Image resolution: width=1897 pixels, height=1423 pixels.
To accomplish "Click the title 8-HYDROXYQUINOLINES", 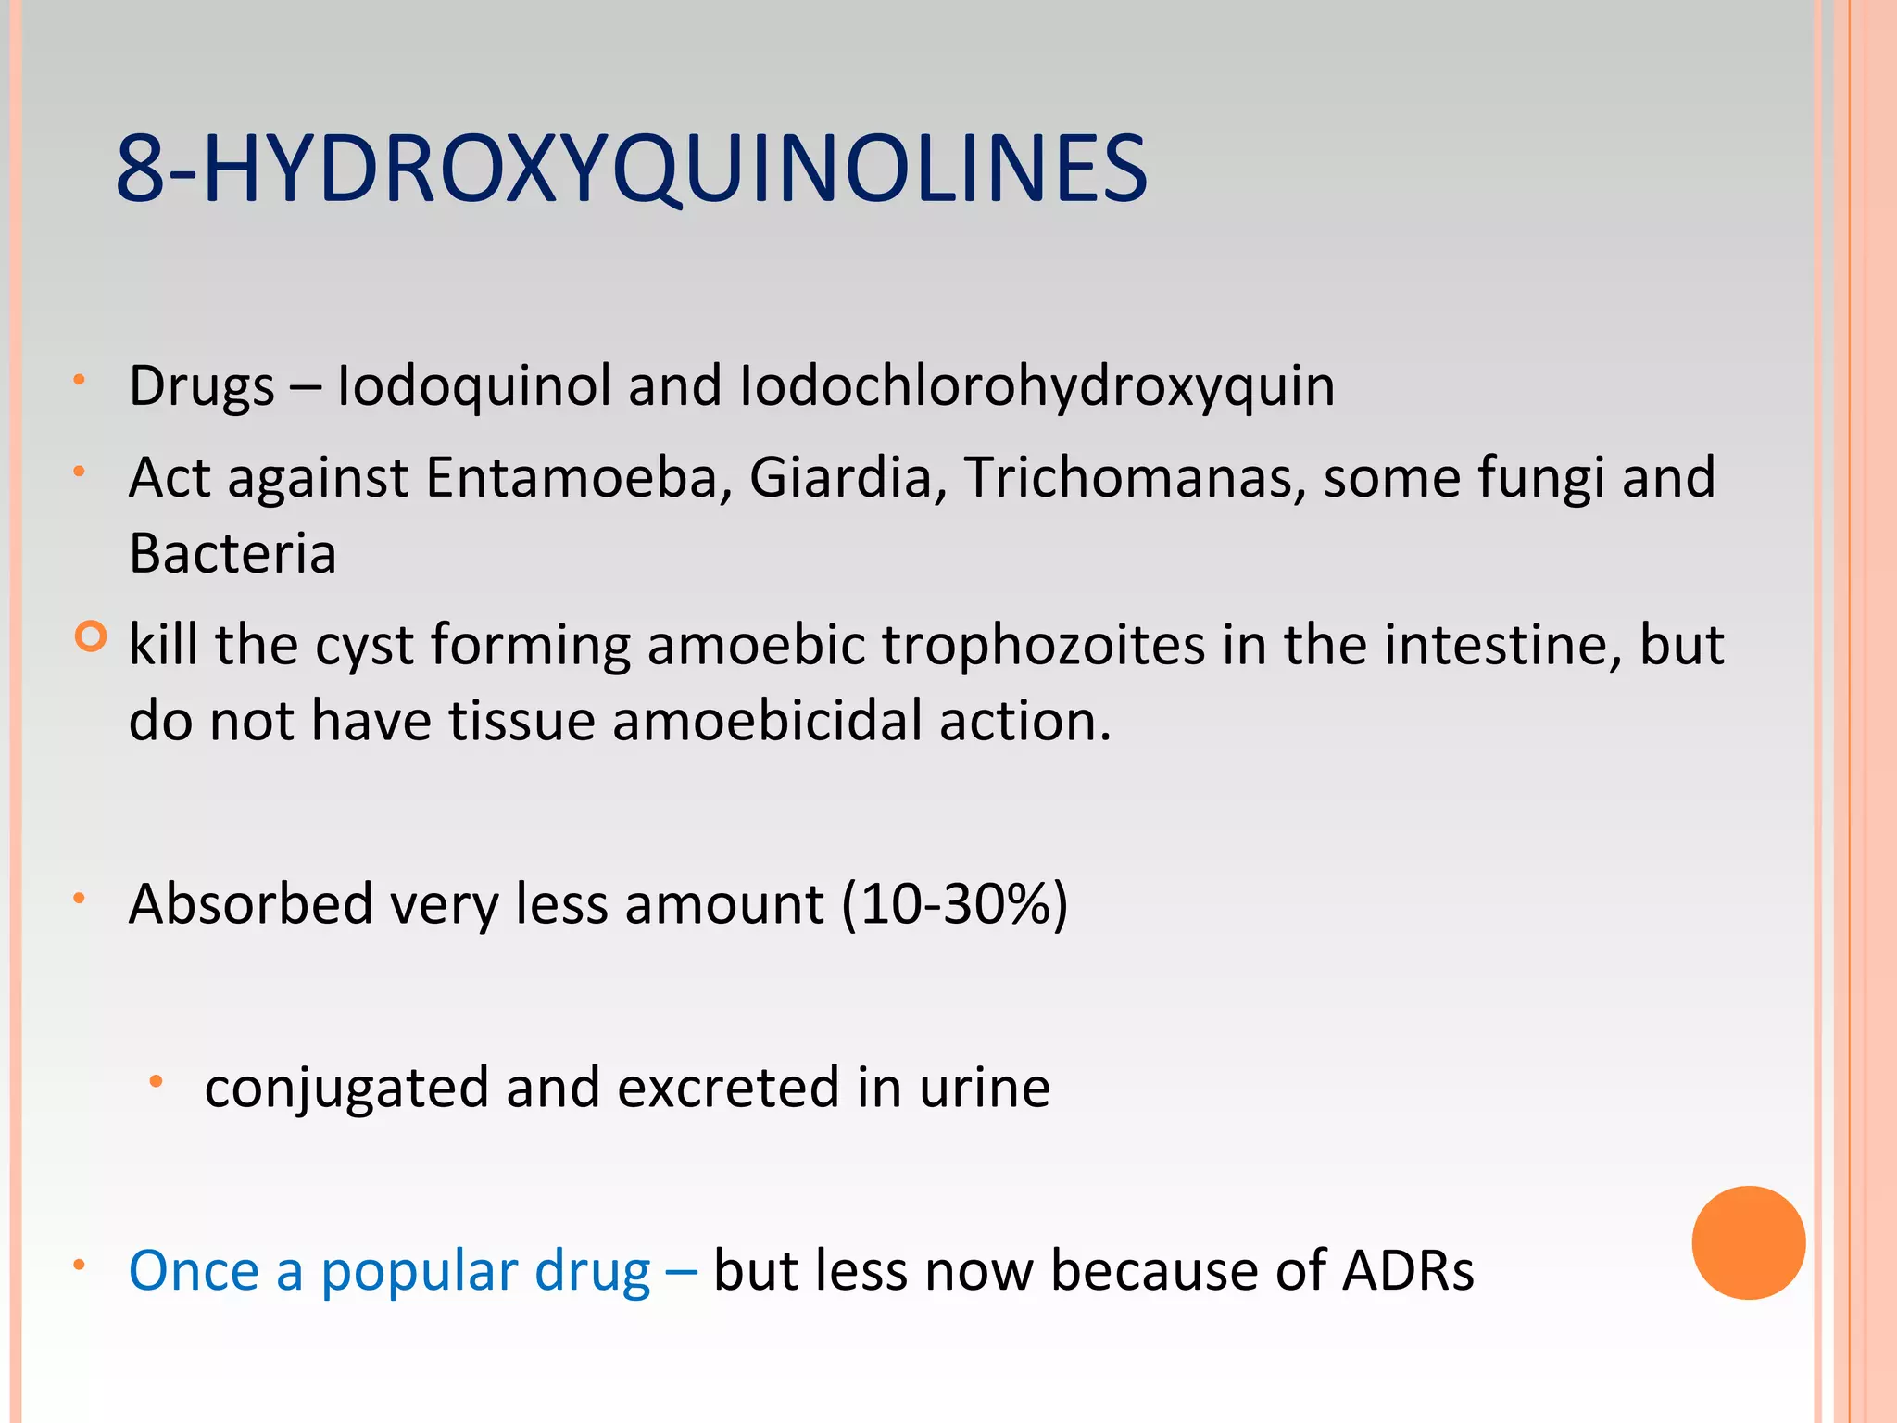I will pos(631,169).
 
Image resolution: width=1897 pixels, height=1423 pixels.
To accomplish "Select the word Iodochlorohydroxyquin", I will pos(1036,387).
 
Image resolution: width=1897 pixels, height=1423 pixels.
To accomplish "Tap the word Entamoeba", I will pos(572,478).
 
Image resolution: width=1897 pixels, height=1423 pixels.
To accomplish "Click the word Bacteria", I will pos(232,554).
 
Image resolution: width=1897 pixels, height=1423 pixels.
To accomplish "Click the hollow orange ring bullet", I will pos(90,636).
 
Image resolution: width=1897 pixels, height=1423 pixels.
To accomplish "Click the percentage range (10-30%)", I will pos(955,903).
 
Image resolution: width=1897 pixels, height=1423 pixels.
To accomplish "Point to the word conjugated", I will pos(346,1088).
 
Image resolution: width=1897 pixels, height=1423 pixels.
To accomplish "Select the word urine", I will pos(985,1088).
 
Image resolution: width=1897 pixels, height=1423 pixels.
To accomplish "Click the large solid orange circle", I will pos(1748,1242).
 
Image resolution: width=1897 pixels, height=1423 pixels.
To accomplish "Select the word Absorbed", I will pos(250,903).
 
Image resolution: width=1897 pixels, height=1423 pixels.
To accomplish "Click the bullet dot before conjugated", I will pos(157,1081).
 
